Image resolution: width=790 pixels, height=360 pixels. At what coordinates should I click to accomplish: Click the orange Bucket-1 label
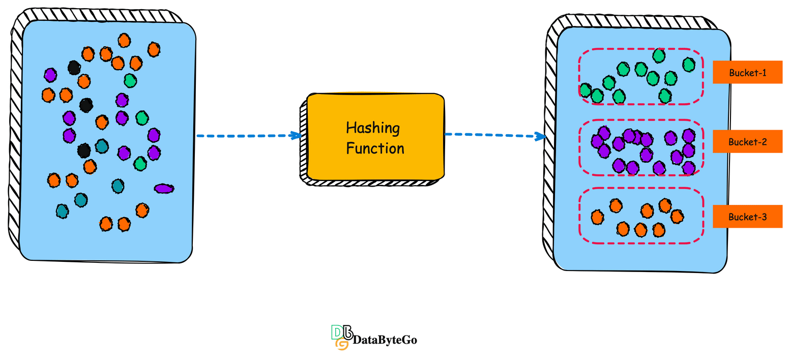[x=747, y=72]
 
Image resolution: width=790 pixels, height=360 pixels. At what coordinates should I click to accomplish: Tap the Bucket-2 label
[x=747, y=142]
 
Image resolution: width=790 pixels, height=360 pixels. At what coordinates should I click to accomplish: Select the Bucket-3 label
[x=747, y=217]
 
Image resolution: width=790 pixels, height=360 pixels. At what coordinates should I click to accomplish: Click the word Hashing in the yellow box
[x=372, y=128]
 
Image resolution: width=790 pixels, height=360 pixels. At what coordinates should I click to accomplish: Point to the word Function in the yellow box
[x=375, y=148]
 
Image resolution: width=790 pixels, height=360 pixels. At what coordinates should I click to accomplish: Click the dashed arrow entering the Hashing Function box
[x=248, y=136]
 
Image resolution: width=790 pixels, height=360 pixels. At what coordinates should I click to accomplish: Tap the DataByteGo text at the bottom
[x=385, y=340]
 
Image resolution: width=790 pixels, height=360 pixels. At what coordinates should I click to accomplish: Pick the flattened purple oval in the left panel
[x=164, y=189]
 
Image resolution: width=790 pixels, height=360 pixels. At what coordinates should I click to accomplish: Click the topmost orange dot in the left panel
[x=124, y=40]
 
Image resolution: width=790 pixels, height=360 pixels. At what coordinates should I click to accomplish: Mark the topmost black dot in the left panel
[x=74, y=67]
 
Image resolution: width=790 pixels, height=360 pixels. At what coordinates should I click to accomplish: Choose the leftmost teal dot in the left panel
[x=62, y=211]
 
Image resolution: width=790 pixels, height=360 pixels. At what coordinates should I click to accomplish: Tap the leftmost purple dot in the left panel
[x=50, y=75]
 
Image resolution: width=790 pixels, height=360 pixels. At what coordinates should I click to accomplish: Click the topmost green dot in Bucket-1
[x=659, y=55]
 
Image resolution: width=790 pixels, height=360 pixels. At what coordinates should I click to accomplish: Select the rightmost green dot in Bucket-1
[x=689, y=65]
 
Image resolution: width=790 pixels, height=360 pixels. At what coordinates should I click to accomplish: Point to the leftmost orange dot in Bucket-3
[x=597, y=217]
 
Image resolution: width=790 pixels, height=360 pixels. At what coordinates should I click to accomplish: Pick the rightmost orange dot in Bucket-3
[x=677, y=216]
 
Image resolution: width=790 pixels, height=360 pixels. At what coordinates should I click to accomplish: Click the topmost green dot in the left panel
[x=130, y=80]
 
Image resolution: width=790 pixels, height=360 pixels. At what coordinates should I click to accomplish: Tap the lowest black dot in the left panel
[x=84, y=151]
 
